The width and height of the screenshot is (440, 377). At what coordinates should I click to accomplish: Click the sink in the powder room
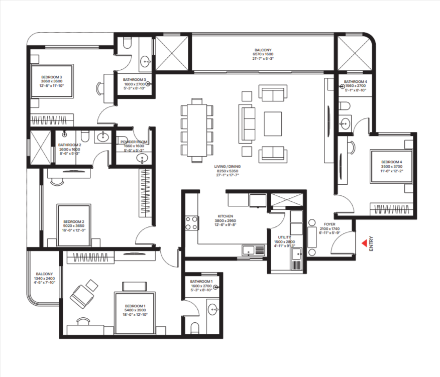(x=142, y=159)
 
